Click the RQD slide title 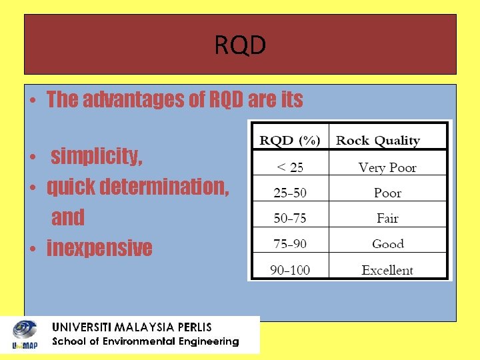coord(240,45)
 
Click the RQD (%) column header coord(290,140)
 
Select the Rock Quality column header coord(378,140)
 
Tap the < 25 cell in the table coord(290,167)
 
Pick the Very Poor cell coord(387,167)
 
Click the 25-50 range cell coord(290,193)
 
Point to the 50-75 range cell coord(290,218)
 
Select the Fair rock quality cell coord(387,218)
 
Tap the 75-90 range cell coord(290,243)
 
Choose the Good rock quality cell coord(388,244)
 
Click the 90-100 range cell coord(290,269)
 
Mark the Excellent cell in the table coord(387,269)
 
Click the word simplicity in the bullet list coord(97,157)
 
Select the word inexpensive coord(99,248)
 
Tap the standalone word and coord(68,217)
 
